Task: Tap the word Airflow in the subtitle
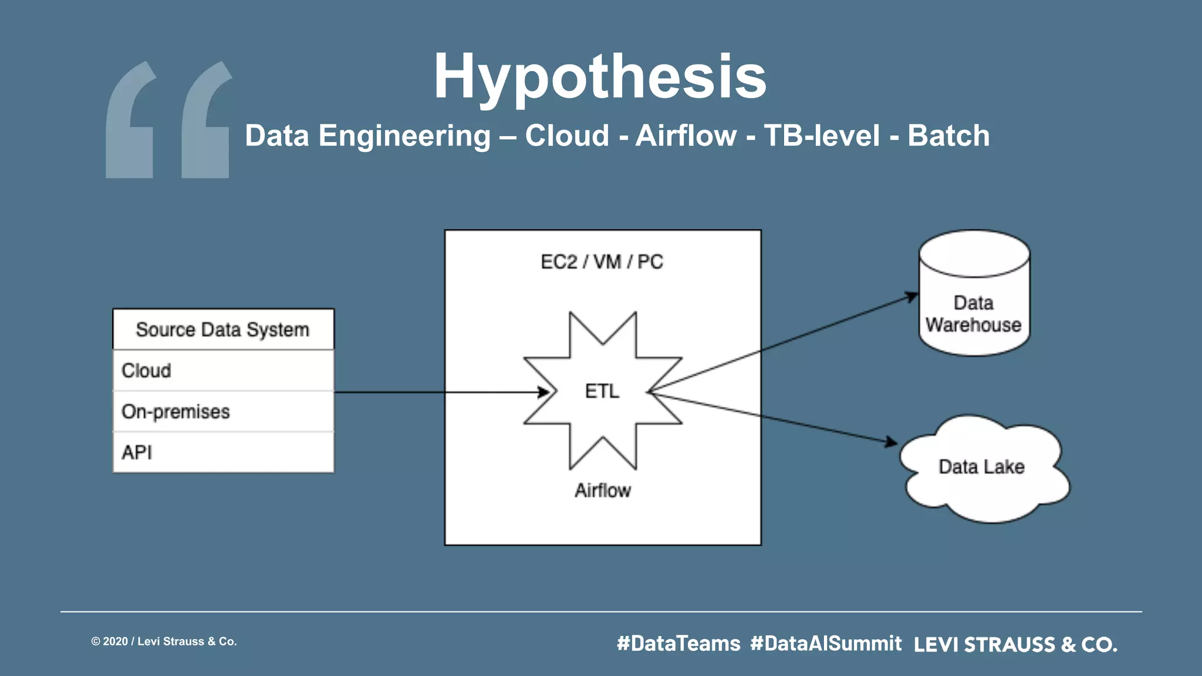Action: pos(686,136)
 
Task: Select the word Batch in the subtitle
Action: pos(948,136)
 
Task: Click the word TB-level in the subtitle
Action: pos(822,136)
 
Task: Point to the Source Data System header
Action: pos(223,330)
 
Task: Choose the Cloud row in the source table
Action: pos(223,371)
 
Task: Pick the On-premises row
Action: pos(223,412)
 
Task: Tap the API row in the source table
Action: pos(223,452)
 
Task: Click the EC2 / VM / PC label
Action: pos(602,262)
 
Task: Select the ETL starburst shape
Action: pos(603,391)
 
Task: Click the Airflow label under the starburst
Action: pos(603,491)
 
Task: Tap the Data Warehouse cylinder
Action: pos(974,293)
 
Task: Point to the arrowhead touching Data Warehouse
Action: pos(912,296)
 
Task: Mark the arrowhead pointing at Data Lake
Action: pos(892,442)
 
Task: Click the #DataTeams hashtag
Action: pos(678,644)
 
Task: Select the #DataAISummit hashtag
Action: pos(826,644)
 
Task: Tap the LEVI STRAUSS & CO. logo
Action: pos(1015,645)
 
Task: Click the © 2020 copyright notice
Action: pos(164,641)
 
